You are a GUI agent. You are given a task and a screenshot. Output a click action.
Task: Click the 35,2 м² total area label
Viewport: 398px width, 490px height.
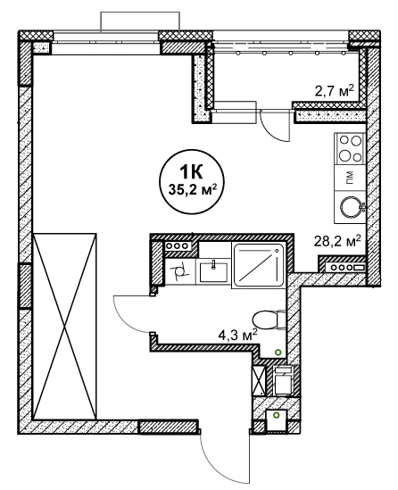coord(193,189)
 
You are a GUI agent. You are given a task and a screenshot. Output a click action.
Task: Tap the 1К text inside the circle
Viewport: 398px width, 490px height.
coord(191,171)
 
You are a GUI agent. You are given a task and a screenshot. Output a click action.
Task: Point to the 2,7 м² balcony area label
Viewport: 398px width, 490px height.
coord(335,91)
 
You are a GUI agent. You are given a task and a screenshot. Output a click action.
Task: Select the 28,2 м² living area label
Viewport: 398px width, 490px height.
coord(337,241)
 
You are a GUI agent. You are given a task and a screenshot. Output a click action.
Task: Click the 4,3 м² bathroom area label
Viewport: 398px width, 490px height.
coord(238,336)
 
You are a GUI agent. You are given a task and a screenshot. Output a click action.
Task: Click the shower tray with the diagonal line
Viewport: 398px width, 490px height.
coord(259,265)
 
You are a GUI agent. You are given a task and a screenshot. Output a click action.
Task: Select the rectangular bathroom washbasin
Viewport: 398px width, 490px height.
coord(213,271)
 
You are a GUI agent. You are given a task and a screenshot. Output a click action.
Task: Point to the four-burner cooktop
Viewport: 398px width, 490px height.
coord(350,148)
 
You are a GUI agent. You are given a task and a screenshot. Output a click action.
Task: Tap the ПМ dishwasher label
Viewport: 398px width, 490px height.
coord(350,178)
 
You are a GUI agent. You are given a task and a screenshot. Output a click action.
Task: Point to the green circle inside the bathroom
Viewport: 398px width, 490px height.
coord(278,353)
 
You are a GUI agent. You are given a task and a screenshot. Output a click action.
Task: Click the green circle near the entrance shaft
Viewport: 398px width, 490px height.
coord(276,415)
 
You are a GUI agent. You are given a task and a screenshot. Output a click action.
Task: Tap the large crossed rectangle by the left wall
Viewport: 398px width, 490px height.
coord(64,327)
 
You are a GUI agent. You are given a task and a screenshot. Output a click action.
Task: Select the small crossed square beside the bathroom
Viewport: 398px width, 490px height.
coord(259,380)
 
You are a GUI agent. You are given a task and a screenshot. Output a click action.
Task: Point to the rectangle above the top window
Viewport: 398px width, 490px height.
coord(140,21)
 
